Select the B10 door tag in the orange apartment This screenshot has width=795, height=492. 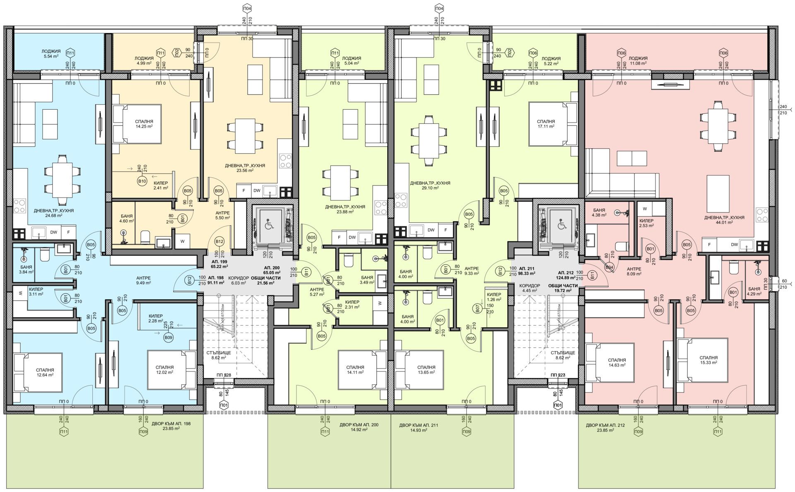[x=142, y=181]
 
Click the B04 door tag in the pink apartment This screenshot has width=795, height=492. [x=609, y=267]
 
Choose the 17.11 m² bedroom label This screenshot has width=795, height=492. [x=546, y=124]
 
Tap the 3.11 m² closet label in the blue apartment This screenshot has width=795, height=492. [x=36, y=291]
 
